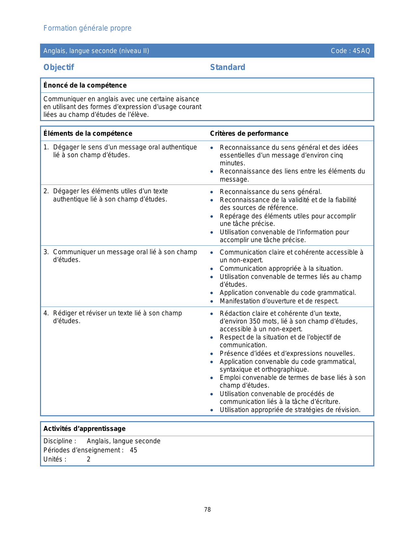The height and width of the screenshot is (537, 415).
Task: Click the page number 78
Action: point(207,510)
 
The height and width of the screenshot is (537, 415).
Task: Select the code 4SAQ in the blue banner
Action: point(361,51)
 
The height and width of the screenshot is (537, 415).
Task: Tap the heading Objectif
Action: point(59,67)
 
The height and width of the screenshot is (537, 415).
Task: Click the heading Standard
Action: point(228,67)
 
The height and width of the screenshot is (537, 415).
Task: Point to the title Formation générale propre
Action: point(87,28)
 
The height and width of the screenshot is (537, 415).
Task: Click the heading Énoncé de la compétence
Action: point(85,85)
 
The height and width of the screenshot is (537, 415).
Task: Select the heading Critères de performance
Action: point(249,133)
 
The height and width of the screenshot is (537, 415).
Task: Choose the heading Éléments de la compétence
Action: point(88,133)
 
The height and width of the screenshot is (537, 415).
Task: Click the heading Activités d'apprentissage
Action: point(84,429)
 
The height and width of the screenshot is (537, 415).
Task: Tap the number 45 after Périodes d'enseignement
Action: point(133,450)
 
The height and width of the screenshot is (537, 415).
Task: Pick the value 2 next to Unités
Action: point(89,459)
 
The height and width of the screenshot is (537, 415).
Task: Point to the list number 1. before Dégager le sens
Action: point(46,147)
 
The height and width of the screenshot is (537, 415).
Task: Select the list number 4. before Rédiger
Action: point(46,313)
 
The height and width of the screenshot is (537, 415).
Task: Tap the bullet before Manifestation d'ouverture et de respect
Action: point(212,301)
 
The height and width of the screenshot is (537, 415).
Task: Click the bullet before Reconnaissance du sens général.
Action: point(212,192)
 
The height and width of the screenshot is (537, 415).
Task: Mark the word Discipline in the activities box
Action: point(58,441)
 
